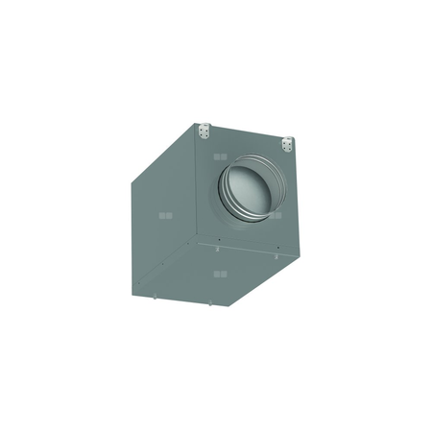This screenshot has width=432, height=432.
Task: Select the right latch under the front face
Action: (277, 258)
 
